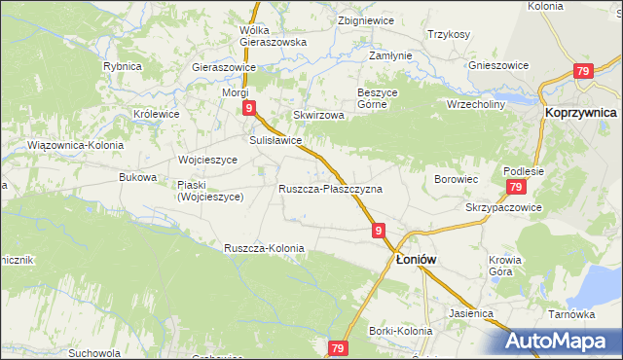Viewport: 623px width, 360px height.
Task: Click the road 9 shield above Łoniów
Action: [x=377, y=231]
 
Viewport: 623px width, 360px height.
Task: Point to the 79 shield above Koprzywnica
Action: [x=583, y=71]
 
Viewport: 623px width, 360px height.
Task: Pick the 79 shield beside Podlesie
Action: [x=516, y=188]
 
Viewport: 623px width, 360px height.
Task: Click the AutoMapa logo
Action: [x=563, y=342]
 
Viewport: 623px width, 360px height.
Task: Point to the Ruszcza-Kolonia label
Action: [x=264, y=248]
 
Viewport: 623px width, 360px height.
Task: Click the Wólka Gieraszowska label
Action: [x=273, y=36]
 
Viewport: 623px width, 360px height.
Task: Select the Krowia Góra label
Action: [x=506, y=265]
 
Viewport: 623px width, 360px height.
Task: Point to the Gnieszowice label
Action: [x=498, y=65]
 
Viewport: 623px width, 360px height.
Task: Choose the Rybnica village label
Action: [x=123, y=66]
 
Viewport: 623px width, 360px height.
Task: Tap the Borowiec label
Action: [x=456, y=180]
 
